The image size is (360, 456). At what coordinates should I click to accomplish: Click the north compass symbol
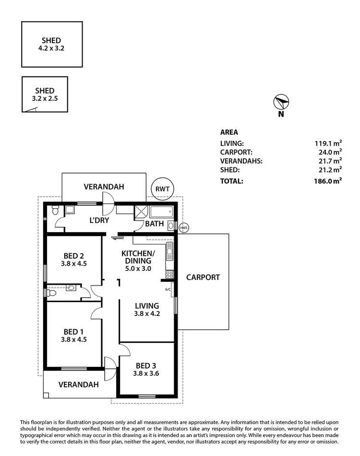click(281, 103)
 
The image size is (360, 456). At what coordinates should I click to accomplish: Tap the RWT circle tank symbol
click(162, 189)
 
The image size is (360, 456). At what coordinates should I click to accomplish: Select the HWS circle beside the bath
click(183, 227)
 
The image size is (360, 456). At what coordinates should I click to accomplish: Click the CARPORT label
click(203, 277)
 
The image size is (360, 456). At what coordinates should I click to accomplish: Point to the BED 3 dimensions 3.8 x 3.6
click(145, 374)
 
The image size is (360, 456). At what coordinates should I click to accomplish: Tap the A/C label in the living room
click(168, 290)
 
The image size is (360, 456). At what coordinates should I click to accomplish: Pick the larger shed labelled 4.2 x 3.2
click(51, 44)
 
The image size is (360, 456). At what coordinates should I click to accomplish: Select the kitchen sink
click(169, 251)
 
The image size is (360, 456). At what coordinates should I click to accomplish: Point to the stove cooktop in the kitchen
click(169, 274)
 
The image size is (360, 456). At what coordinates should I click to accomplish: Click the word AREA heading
click(229, 132)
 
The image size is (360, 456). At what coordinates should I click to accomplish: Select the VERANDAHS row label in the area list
click(240, 161)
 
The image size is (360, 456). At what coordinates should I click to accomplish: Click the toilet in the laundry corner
click(55, 210)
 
